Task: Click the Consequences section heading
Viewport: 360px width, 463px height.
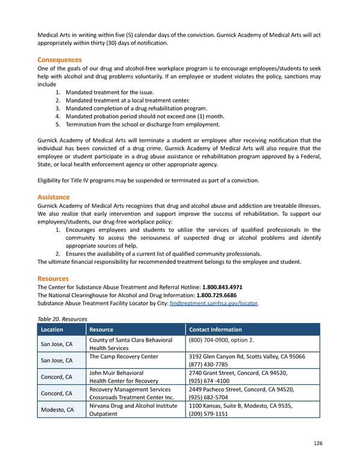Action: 59,60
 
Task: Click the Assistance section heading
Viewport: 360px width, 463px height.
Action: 53,197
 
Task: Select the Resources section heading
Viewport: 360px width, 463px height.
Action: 53,279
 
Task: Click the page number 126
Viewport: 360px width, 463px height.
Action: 317,443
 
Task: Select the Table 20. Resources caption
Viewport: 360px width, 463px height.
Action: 62,319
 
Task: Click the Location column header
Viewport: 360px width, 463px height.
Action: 52,329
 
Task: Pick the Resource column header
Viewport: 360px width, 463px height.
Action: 101,329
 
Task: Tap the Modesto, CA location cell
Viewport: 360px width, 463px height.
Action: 57,409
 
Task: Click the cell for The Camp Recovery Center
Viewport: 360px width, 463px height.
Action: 124,357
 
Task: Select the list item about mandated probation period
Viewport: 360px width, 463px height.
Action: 144,117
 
